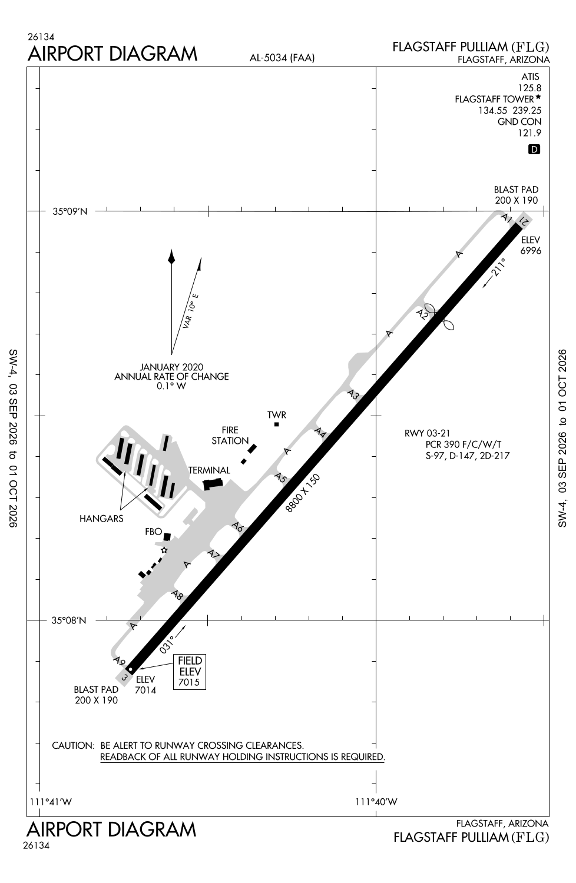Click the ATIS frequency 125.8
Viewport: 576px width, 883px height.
[x=529, y=88]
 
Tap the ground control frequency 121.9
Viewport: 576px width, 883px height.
[x=529, y=133]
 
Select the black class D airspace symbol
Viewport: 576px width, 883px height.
[x=534, y=150]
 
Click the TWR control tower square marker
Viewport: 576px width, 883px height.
[x=277, y=424]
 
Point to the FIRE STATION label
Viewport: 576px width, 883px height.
[x=230, y=435]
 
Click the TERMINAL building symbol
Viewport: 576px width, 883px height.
[x=213, y=484]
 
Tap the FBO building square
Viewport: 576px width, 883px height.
[x=167, y=536]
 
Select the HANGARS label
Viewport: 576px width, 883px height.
[x=101, y=519]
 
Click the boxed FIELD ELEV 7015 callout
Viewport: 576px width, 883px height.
[x=190, y=672]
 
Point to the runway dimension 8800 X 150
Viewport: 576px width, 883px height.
[x=303, y=493]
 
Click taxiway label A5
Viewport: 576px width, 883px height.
[x=280, y=478]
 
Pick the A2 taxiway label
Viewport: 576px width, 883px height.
[x=422, y=314]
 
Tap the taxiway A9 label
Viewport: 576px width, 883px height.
[x=119, y=660]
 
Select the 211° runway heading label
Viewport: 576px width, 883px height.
[x=498, y=267]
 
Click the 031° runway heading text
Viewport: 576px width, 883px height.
[x=167, y=645]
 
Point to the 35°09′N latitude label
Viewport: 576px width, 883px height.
[x=70, y=212]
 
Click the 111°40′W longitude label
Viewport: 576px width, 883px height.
[x=376, y=801]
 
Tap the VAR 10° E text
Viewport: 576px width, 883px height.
[x=191, y=311]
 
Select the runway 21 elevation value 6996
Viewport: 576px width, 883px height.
[x=531, y=251]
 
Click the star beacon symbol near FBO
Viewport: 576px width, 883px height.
[x=164, y=550]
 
